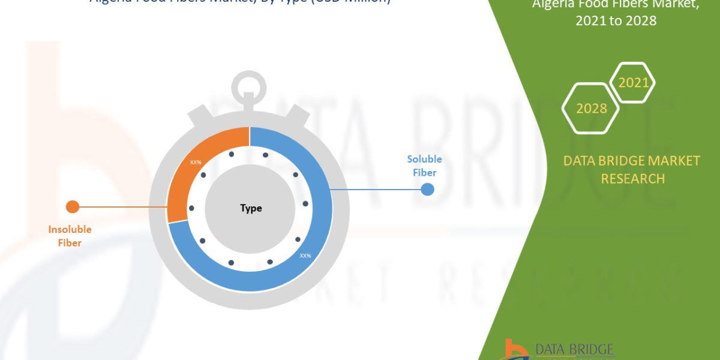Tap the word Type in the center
click(x=251, y=208)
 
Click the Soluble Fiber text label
click(x=424, y=166)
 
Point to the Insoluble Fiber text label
click(x=70, y=236)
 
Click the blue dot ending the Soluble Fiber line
click(x=427, y=190)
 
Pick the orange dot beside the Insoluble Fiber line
click(x=73, y=207)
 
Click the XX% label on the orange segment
click(x=196, y=163)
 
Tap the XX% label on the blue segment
click(x=305, y=256)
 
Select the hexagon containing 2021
click(x=633, y=82)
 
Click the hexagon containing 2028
click(x=590, y=108)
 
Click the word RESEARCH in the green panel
click(x=632, y=179)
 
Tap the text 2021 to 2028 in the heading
click(x=616, y=21)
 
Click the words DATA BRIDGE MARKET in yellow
click(x=632, y=161)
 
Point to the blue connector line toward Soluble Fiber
click(x=378, y=190)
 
